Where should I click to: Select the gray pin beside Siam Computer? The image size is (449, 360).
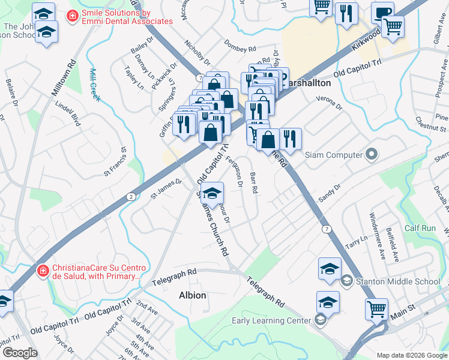[x=371, y=155]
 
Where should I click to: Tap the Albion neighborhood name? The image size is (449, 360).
[x=193, y=295]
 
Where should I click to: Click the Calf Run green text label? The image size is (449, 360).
[x=420, y=228]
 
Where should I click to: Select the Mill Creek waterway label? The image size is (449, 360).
[x=94, y=85]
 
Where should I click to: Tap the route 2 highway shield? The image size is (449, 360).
[x=131, y=197]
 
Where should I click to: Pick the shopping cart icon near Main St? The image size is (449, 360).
[x=376, y=309]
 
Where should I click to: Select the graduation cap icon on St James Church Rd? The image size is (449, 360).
[x=211, y=193]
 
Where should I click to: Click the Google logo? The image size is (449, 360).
[x=19, y=352]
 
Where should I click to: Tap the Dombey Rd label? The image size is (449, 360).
[x=240, y=45]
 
